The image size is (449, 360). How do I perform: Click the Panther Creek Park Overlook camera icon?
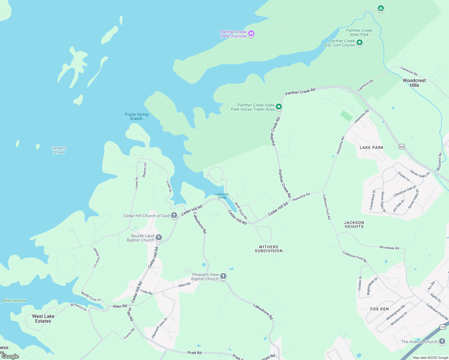252,34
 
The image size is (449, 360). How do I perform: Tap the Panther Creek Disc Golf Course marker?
360,43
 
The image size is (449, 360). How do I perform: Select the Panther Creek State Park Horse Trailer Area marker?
279,106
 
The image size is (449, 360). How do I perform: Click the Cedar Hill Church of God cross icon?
174,215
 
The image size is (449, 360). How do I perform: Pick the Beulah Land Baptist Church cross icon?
159,238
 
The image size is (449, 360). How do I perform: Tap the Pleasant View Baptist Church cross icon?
223,276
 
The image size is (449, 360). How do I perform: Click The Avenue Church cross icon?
442,341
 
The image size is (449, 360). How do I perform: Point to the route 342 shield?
402,147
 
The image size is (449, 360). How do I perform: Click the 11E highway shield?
443,327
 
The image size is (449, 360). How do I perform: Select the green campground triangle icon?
381,8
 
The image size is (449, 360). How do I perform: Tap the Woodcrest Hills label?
414,83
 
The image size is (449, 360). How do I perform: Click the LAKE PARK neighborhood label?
372,148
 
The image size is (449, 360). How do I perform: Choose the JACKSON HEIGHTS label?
354,225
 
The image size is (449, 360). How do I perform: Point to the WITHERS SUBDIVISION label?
269,249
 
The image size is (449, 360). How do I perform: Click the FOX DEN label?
379,309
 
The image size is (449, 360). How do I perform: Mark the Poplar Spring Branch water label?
137,116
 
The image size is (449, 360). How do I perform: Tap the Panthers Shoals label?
59,150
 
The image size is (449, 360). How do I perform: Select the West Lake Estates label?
43,319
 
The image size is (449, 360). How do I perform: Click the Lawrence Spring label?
222,196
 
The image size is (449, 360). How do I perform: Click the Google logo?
10,356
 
